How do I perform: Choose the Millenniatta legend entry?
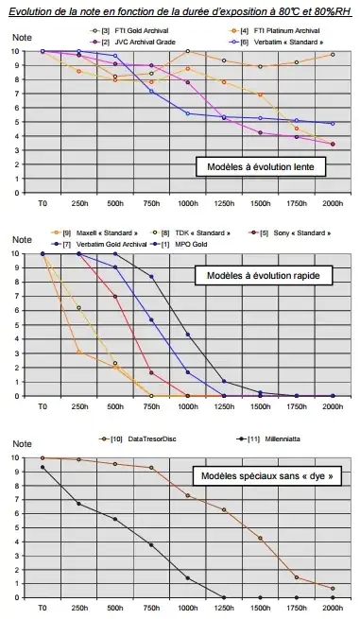pos(259,439)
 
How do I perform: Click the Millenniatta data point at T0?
pos(43,467)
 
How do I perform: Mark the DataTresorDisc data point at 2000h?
pos(333,588)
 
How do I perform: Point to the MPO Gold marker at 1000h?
pos(188,335)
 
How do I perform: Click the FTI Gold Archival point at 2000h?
pos(333,55)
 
